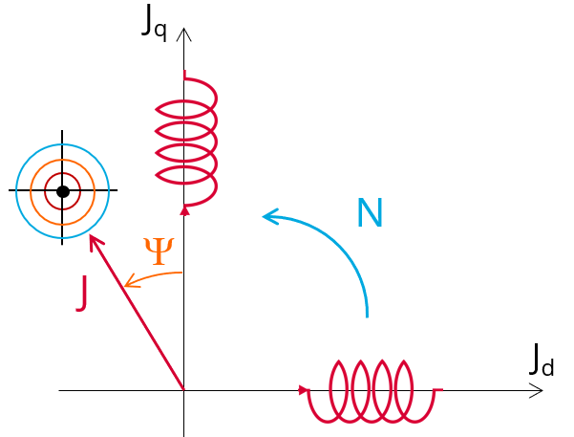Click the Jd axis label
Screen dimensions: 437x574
[541, 361]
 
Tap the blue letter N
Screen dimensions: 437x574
[369, 213]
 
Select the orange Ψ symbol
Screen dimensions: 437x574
[159, 251]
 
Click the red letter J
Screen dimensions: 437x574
[84, 293]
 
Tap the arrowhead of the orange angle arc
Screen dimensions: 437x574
[127, 284]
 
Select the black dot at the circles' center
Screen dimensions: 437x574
[63, 191]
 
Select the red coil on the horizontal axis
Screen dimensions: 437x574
[372, 390]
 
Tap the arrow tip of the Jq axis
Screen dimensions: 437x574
[184, 30]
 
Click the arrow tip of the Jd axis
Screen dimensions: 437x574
[541, 390]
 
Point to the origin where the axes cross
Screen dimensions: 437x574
[183, 390]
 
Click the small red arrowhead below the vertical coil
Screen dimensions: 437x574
[184, 209]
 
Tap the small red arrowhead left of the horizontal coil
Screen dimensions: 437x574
[305, 390]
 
